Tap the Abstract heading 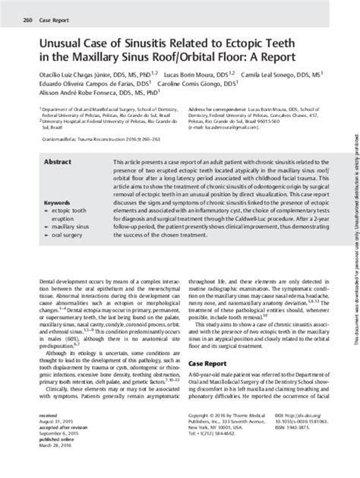pyautogui.click(x=58, y=163)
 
